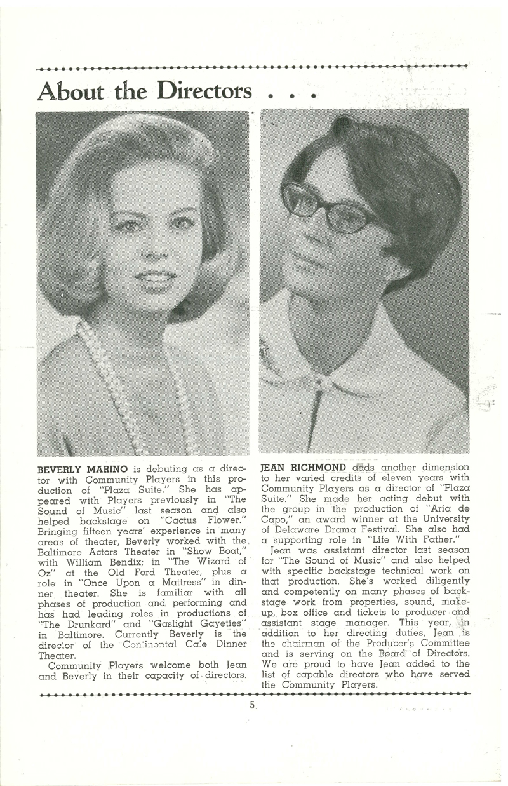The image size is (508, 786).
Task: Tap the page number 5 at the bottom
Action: (252, 705)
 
